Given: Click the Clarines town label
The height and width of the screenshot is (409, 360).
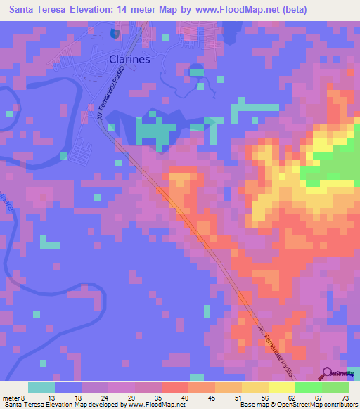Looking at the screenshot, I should point(129,60).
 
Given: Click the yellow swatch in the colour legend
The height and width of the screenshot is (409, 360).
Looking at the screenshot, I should point(282,387).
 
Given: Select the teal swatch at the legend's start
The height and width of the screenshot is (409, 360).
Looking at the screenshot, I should point(41,387).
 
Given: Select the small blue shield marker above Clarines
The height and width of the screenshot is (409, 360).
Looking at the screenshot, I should point(114,32).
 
